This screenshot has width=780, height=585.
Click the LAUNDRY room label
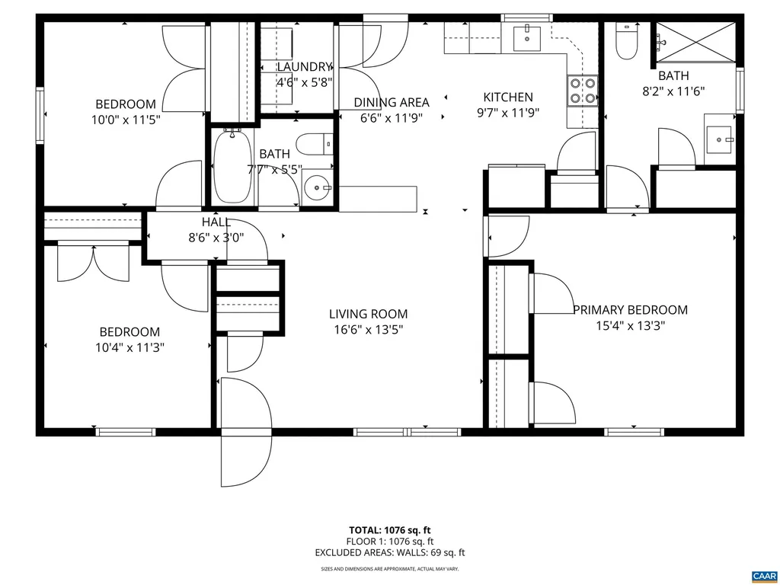pyautogui.click(x=304, y=67)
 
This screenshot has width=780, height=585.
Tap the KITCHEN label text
pyautogui.click(x=508, y=97)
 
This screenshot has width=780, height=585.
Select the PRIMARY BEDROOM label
pyautogui.click(x=630, y=310)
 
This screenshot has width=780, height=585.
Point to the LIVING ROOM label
pyautogui.click(x=368, y=314)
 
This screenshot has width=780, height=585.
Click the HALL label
pyautogui.click(x=216, y=222)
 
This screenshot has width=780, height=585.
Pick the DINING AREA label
pyautogui.click(x=392, y=103)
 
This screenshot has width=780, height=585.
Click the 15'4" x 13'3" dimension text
pyautogui.click(x=631, y=326)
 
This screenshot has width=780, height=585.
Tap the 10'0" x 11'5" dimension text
pyautogui.click(x=126, y=120)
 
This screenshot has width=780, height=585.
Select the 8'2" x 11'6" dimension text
pyautogui.click(x=673, y=91)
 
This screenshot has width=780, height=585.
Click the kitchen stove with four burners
pyautogui.click(x=582, y=91)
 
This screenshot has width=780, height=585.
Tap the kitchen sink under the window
pyautogui.click(x=527, y=39)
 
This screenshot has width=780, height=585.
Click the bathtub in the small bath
pyautogui.click(x=232, y=165)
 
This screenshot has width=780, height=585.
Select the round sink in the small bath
pyautogui.click(x=318, y=187)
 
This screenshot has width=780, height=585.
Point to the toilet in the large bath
pyautogui.click(x=626, y=42)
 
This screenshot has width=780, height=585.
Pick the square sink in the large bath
pyautogui.click(x=719, y=140)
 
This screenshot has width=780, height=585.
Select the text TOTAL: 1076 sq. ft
pyautogui.click(x=389, y=530)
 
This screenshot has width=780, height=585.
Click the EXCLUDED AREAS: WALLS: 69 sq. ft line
pyautogui.click(x=389, y=552)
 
